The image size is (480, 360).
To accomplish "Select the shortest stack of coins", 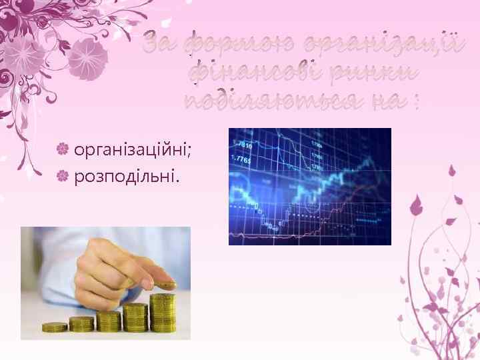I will click(55, 327).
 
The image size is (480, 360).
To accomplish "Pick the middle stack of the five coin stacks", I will click(109, 321).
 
